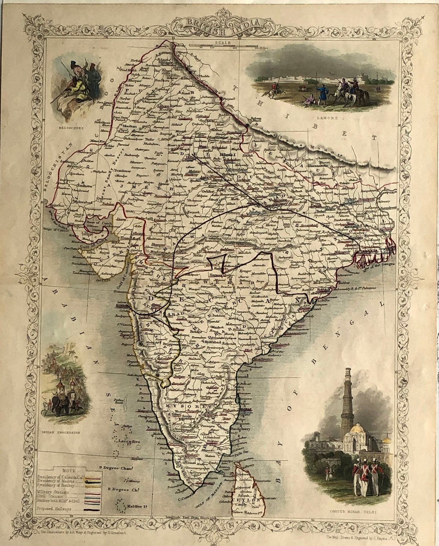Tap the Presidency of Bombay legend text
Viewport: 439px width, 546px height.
[x=58, y=486]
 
